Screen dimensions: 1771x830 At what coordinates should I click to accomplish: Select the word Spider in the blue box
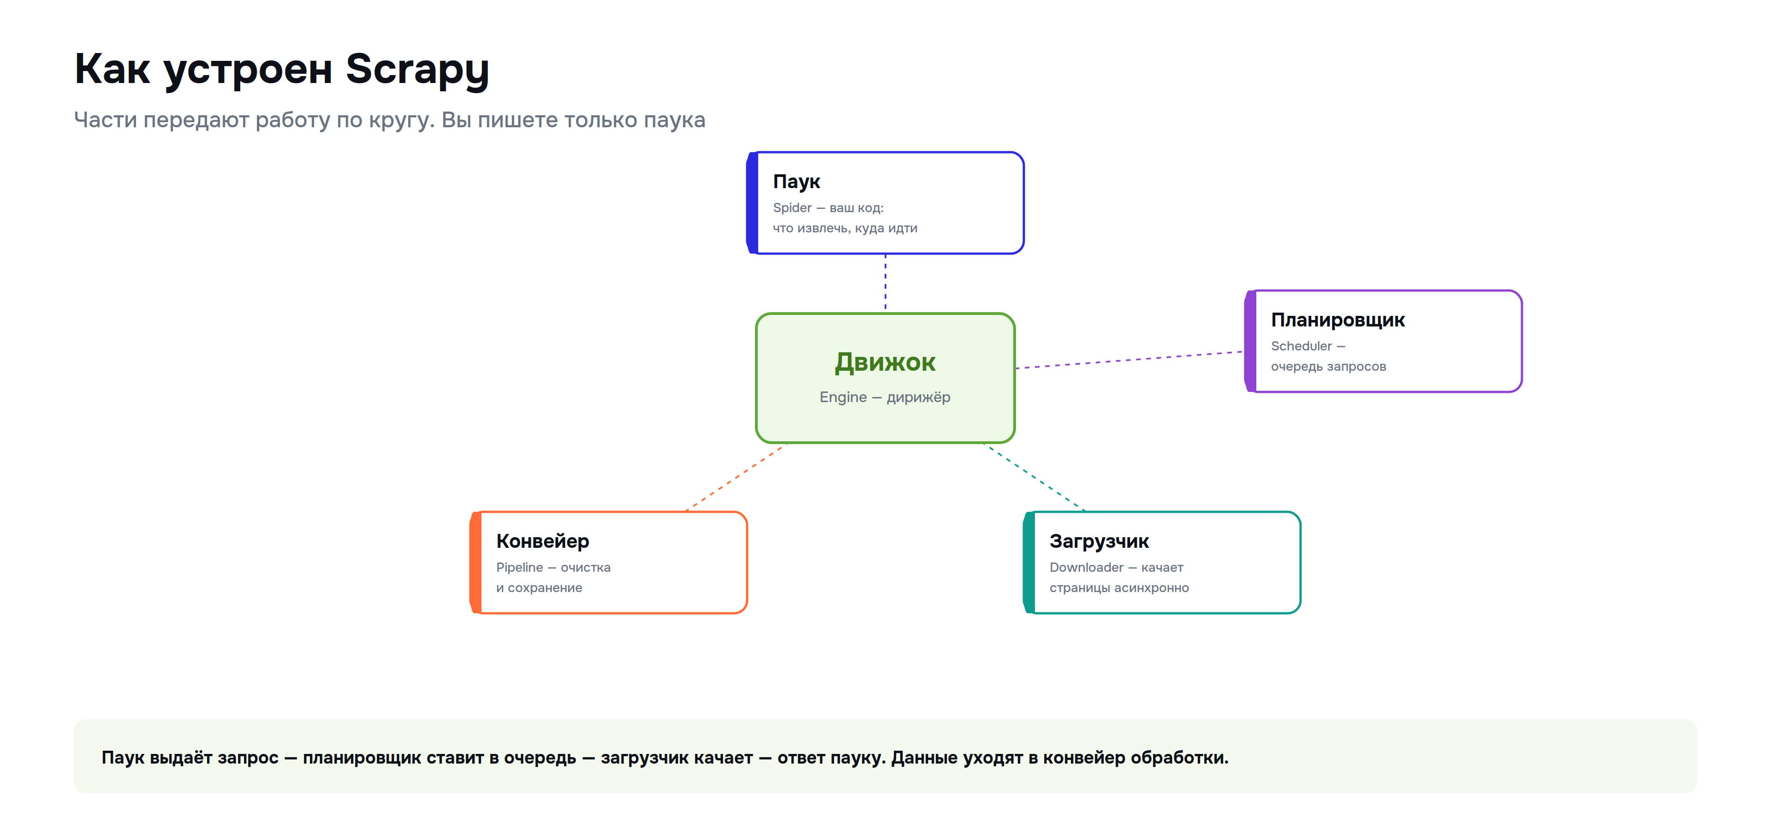pos(792,207)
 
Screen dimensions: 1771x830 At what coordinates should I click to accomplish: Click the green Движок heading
pos(885,362)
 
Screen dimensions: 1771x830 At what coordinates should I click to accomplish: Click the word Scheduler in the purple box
pos(1302,346)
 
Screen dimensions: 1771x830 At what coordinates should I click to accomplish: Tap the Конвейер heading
pos(542,541)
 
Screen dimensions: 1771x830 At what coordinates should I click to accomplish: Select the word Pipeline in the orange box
pos(520,568)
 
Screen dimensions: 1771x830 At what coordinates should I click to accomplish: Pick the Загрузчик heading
pos(1099,541)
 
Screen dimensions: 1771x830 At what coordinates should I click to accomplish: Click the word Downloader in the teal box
pos(1086,568)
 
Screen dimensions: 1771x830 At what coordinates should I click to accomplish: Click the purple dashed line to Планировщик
pos(1129,360)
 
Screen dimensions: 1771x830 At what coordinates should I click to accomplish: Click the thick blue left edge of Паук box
pos(752,203)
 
